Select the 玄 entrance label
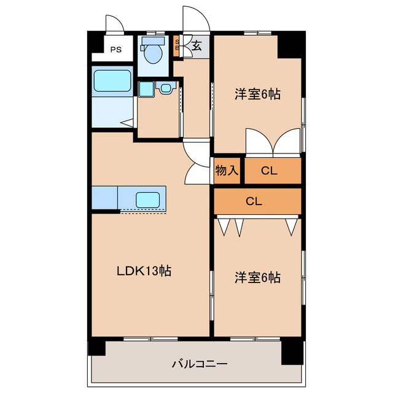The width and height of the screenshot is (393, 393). [x=196, y=45]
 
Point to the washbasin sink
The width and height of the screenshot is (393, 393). [x=165, y=88]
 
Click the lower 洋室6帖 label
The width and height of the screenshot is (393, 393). [x=257, y=278]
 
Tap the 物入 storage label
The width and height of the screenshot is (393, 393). [x=227, y=170]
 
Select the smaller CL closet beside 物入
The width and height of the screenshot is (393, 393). [x=269, y=171]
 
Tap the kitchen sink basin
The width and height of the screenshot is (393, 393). [x=148, y=199]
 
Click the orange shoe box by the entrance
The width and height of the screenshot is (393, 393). [x=177, y=46]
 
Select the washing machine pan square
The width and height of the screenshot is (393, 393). [x=145, y=89]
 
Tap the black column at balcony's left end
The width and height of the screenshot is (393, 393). [x=96, y=348]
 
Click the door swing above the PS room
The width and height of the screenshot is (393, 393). [x=114, y=23]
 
